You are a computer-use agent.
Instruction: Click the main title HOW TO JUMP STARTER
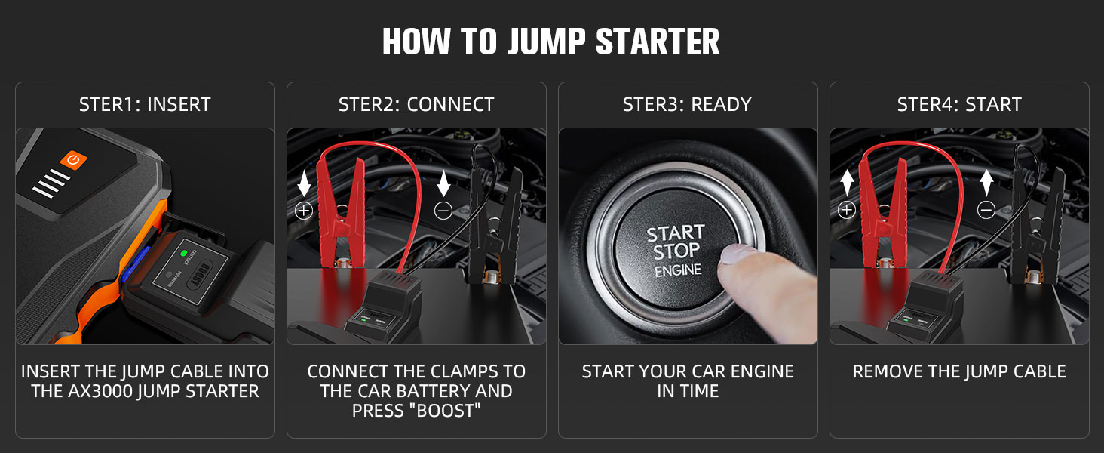(x=551, y=42)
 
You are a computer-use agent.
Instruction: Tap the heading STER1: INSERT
(x=145, y=105)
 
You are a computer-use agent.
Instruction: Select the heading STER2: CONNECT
(x=416, y=105)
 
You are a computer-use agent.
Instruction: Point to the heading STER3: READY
(x=687, y=105)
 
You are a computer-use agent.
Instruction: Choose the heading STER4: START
(x=959, y=105)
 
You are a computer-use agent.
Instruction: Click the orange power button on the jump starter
(x=74, y=160)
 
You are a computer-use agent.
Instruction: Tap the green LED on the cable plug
(x=182, y=254)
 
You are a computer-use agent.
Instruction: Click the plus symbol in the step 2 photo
(x=304, y=211)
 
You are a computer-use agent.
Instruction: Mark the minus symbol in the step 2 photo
(x=443, y=211)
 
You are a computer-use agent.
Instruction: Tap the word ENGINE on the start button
(x=677, y=270)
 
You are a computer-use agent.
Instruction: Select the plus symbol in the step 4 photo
(x=847, y=210)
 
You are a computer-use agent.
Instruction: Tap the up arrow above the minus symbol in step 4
(x=986, y=183)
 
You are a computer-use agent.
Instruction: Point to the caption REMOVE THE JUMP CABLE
(x=959, y=371)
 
